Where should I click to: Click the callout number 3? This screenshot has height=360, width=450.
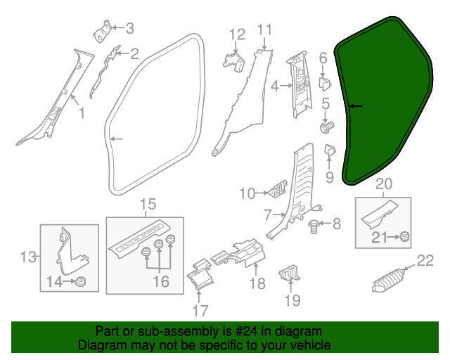(x=129, y=29)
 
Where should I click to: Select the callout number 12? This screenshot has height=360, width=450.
(x=236, y=34)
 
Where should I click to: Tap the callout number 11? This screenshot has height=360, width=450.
(x=264, y=30)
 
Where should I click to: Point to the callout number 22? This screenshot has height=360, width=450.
(x=425, y=262)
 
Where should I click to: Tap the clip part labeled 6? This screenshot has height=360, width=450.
(x=325, y=83)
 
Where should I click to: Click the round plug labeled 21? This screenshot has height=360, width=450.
(x=405, y=237)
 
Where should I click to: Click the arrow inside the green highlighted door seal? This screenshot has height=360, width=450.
(x=356, y=107)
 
